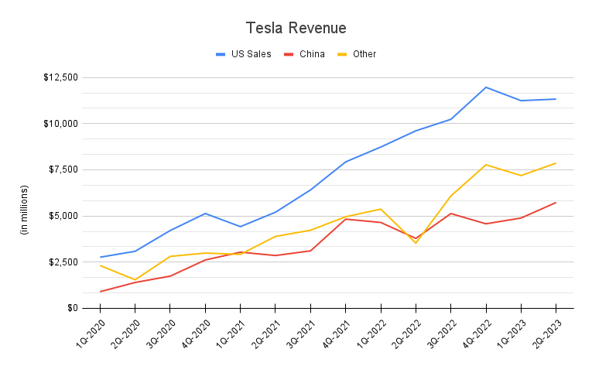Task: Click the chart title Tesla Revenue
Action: [296, 28]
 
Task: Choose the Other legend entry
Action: [364, 54]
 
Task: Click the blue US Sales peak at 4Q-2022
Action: [485, 87]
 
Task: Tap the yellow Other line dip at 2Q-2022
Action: [416, 243]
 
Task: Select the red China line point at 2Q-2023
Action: [555, 203]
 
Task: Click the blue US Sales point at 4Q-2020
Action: [205, 214]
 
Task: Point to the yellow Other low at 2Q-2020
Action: [135, 279]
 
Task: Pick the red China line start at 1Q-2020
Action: [101, 292]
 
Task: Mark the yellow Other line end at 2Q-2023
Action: [555, 163]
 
